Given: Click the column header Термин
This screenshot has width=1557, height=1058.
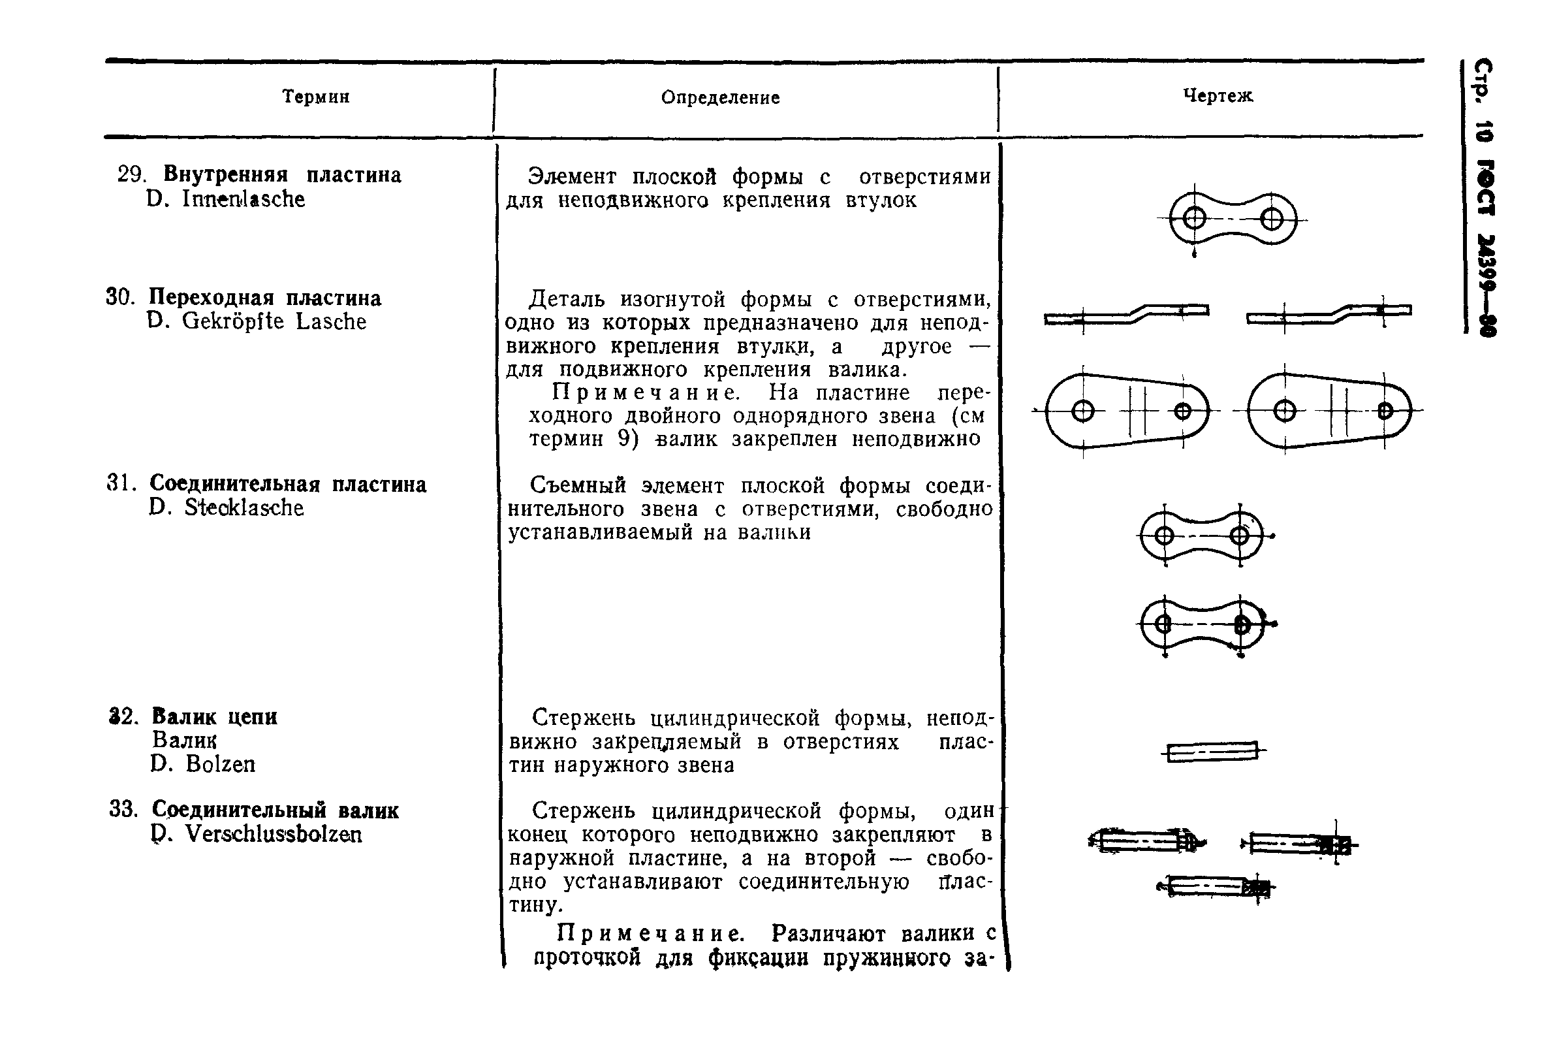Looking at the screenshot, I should [x=315, y=97].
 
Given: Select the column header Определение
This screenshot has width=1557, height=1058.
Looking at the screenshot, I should [x=720, y=98].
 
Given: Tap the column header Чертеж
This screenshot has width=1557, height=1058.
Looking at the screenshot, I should [x=1218, y=96].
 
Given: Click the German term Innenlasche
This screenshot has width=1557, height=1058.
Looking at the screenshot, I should [x=244, y=199].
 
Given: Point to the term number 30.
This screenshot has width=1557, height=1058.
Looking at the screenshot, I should [x=121, y=297].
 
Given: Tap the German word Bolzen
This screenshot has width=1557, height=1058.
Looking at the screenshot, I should [x=221, y=764].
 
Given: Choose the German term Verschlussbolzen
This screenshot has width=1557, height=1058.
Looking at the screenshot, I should [x=274, y=834].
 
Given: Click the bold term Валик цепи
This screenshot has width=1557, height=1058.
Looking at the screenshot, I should [x=214, y=716].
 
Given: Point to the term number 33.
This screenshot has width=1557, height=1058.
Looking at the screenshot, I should [x=123, y=809].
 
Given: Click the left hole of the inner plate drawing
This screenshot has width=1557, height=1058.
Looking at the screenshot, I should [x=1195, y=218].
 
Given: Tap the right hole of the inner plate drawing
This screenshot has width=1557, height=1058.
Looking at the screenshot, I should [x=1272, y=218].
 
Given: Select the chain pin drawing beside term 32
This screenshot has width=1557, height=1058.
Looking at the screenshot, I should [x=1213, y=752].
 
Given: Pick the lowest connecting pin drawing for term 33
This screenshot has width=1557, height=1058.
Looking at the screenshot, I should [x=1214, y=887].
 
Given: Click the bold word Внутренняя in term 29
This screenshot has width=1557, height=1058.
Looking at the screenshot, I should [x=225, y=175].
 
